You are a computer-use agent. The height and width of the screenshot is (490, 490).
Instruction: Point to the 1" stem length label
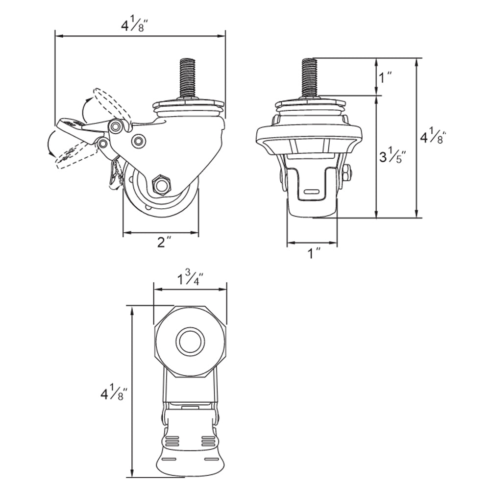point(386,77)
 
